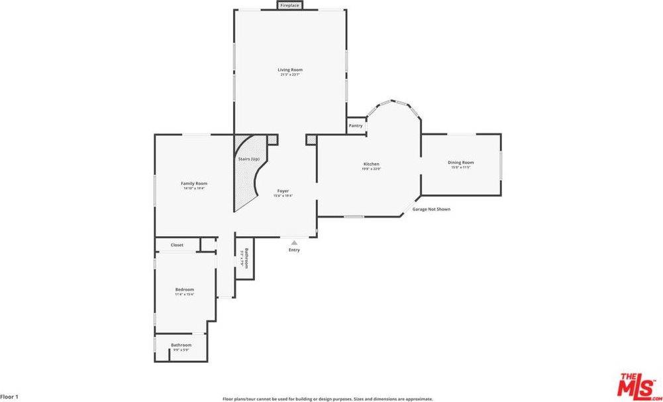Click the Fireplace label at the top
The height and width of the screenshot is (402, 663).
coord(289,5)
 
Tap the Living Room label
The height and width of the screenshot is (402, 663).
coord(289,70)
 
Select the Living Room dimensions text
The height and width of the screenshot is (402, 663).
coord(289,75)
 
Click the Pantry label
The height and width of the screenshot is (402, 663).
coord(356,125)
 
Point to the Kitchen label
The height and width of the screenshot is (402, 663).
coord(371,164)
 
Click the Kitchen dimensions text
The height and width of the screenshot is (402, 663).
coord(371,168)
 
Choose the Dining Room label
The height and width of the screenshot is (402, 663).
coord(460,163)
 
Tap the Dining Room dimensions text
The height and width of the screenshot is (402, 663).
coord(460,167)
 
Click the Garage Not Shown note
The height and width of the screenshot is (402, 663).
coord(431,209)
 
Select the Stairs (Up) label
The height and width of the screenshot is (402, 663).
coord(248,159)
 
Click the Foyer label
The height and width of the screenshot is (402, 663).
coord(283,191)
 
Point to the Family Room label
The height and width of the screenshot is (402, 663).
coord(194,183)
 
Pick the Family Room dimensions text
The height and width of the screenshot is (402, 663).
coord(194,188)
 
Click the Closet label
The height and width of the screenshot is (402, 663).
coord(177,245)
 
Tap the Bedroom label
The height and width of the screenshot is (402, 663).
coord(184,289)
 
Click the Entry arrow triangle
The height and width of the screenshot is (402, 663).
coord(294,243)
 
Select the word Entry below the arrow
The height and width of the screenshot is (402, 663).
coord(294,250)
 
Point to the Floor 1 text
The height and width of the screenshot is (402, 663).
coord(9,397)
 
